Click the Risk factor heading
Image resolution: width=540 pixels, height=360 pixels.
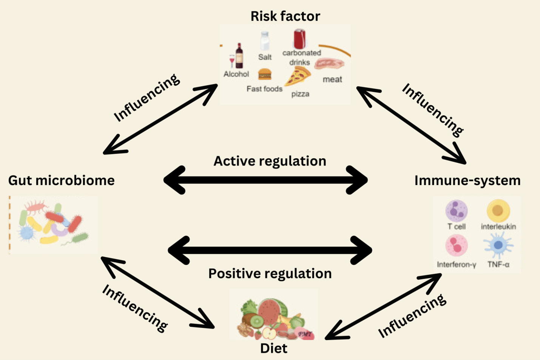point(285,16)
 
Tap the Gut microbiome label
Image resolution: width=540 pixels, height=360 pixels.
point(61,181)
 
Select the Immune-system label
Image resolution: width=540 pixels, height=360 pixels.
point(467,181)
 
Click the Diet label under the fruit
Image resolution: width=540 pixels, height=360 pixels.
point(273,348)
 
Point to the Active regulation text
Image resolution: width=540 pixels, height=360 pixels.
point(270,161)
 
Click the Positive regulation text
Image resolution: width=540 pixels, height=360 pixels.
point(270,273)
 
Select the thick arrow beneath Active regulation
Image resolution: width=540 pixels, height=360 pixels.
point(265,180)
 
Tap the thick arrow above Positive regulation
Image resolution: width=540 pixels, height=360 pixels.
point(270,250)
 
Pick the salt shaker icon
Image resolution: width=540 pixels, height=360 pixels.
point(265,41)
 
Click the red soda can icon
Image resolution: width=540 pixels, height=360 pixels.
point(299,39)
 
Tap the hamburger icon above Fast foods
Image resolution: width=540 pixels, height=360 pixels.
point(264,74)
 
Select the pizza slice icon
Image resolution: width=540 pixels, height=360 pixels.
point(298,77)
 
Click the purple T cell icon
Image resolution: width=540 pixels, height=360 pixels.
point(456,211)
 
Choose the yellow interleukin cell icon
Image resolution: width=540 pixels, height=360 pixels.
point(498,211)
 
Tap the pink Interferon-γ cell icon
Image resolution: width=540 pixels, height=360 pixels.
point(456,246)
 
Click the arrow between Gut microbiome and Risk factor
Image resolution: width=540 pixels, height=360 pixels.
point(160,119)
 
